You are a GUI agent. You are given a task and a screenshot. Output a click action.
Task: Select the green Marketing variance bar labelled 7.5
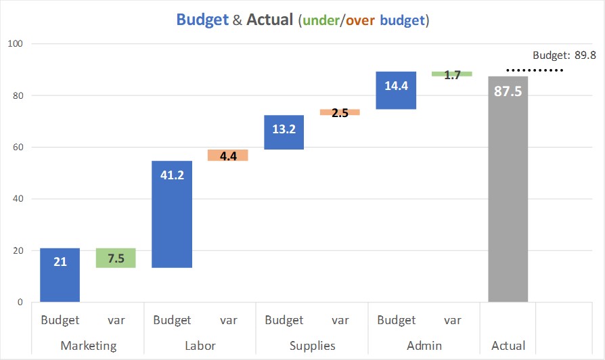point(116,258)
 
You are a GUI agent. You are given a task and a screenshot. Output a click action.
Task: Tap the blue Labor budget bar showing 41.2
point(172,214)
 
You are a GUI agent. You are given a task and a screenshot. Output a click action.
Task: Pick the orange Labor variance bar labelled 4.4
point(228,155)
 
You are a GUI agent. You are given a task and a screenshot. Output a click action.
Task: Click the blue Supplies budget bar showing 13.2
point(284,132)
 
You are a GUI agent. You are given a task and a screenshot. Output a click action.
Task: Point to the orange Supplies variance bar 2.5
point(340,112)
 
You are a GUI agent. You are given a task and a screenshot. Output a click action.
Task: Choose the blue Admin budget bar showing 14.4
point(396,90)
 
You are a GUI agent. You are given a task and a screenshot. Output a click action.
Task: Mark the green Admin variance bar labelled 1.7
point(452,74)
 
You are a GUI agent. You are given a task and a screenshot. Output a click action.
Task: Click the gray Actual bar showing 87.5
point(508,189)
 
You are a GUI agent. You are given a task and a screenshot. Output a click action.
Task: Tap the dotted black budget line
point(535,70)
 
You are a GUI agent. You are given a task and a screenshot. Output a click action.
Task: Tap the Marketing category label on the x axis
point(89,346)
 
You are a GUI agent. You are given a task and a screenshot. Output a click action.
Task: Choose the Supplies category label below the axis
point(312,346)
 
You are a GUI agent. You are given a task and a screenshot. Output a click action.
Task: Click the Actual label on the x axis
point(508,346)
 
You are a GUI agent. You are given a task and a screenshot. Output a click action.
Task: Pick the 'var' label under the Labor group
point(228,320)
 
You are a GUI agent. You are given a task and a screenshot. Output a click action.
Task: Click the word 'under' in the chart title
point(320,20)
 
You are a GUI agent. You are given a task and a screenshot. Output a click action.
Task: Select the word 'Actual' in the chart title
point(269,20)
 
